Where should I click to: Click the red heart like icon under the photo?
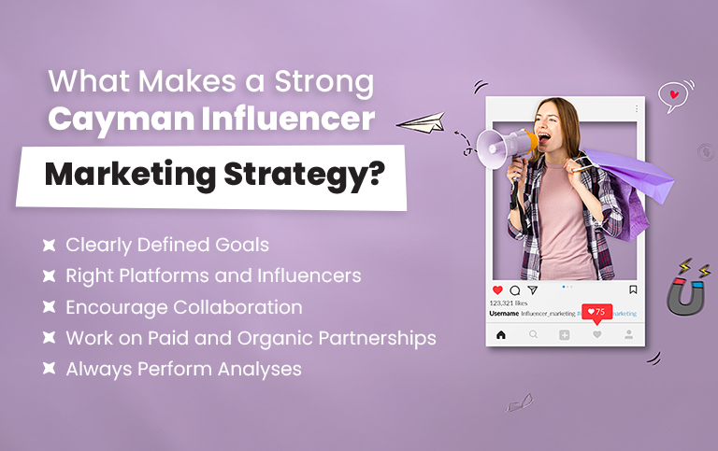click(x=497, y=290)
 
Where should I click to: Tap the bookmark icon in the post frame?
click(x=633, y=290)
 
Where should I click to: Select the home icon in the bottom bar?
click(x=501, y=334)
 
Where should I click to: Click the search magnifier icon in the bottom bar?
click(x=533, y=334)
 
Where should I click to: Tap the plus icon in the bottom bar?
click(x=565, y=334)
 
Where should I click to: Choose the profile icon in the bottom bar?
click(x=628, y=334)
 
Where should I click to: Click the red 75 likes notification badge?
click(x=596, y=312)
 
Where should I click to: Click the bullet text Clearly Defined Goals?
click(x=166, y=246)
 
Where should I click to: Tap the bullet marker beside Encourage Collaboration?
click(x=48, y=307)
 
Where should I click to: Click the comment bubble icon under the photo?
click(x=514, y=290)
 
